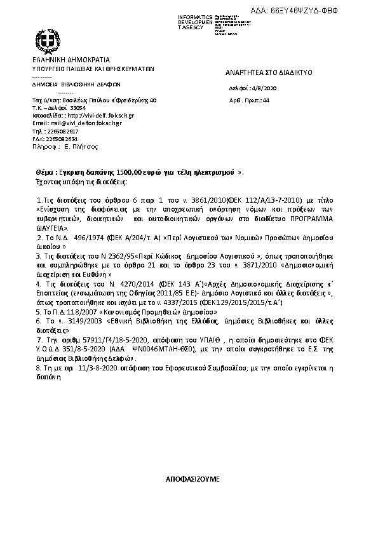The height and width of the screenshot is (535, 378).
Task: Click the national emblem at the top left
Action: coord(46,43)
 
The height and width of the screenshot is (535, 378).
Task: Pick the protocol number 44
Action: coord(266,100)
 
